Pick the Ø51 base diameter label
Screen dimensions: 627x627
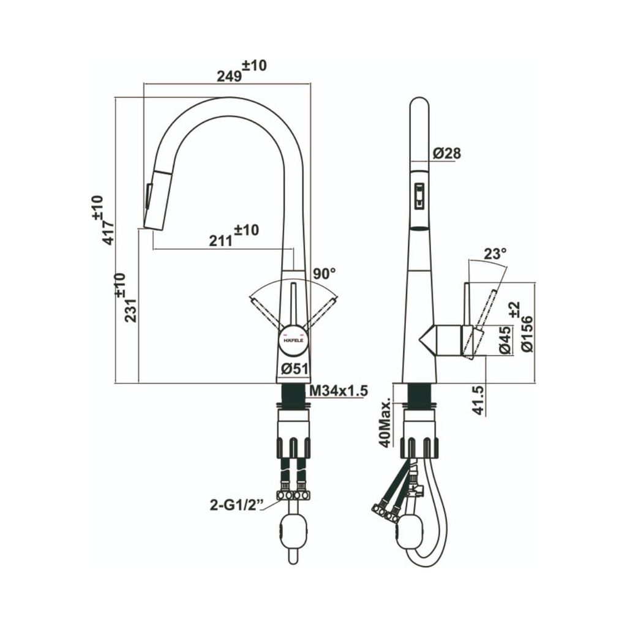294,369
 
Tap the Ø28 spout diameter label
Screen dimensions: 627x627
446,154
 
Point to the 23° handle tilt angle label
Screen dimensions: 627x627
495,253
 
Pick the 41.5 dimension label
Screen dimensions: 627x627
479,400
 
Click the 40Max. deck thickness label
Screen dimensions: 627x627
385,424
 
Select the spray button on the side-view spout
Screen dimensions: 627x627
419,195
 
